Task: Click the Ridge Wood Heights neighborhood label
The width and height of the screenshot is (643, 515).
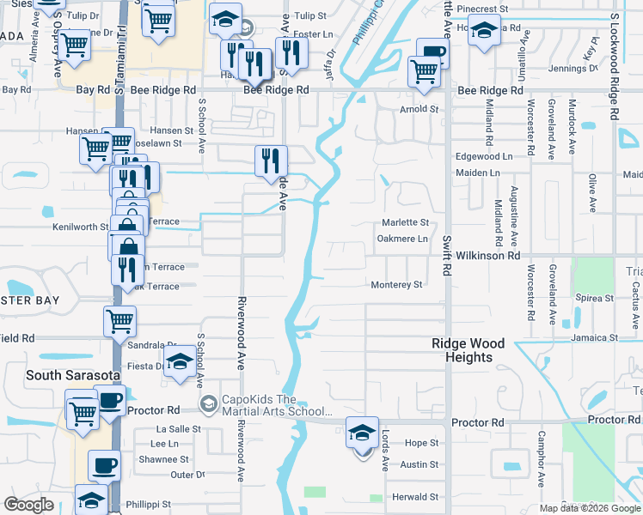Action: pos(468,350)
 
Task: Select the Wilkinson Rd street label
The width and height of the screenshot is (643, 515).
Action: pos(489,256)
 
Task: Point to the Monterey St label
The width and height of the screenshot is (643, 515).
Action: pos(396,285)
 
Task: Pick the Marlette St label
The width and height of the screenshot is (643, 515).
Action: pos(404,223)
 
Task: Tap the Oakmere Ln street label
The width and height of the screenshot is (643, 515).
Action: pos(403,239)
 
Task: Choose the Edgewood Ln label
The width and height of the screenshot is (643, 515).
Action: pos(483,157)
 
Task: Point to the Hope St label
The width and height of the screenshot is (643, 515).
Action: pos(421,443)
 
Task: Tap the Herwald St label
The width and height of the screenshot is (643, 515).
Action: pos(415,497)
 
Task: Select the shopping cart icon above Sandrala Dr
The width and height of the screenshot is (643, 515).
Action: pos(119,321)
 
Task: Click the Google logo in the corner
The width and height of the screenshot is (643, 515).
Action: pos(28,506)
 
